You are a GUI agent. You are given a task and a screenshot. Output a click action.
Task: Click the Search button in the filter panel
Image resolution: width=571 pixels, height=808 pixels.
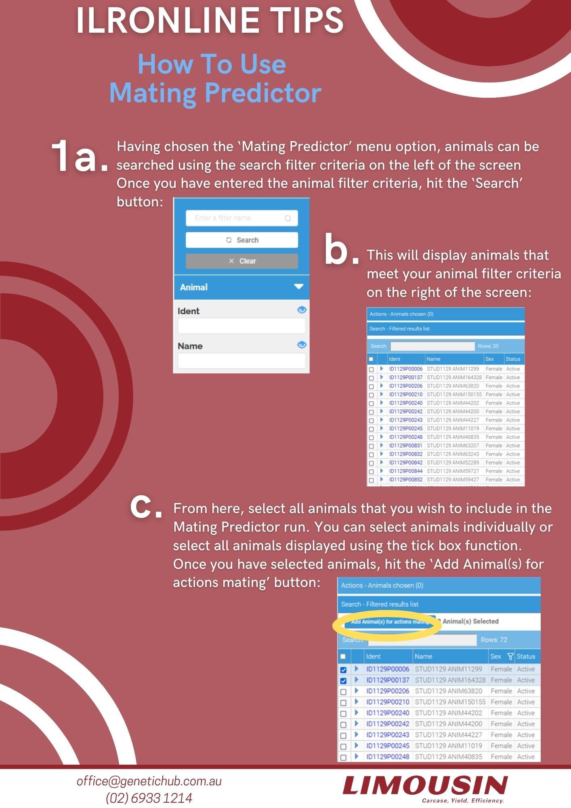tap(242, 240)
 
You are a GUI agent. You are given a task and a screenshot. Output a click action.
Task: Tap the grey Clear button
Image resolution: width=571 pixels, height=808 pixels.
tap(242, 261)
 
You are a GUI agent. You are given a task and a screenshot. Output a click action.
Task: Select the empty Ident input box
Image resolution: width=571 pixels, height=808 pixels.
tap(242, 326)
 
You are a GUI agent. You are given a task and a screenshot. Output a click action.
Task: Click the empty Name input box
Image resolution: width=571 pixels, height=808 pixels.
tap(242, 361)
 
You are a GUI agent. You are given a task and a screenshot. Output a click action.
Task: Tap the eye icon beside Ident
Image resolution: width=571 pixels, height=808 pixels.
tap(302, 310)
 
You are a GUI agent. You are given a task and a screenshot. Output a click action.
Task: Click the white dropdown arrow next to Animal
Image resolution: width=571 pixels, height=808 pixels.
tap(298, 286)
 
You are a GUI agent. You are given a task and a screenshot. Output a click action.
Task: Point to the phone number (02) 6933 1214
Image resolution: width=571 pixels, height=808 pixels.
tap(149, 798)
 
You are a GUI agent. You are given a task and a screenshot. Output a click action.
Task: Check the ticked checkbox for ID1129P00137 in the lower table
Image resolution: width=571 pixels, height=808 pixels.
tap(343, 681)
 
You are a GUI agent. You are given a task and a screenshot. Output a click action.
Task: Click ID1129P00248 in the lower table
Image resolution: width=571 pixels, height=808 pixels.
tap(388, 757)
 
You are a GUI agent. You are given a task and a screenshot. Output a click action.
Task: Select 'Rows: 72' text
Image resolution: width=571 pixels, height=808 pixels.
tap(494, 640)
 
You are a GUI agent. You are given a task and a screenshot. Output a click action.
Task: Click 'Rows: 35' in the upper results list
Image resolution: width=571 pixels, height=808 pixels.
tap(488, 346)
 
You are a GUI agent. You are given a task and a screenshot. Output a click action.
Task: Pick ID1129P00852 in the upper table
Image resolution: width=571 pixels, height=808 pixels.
tap(406, 480)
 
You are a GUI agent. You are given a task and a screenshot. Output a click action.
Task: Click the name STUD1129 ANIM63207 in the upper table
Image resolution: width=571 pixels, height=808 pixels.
tap(453, 446)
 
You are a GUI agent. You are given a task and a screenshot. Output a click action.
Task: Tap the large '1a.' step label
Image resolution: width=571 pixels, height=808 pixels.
tap(80, 156)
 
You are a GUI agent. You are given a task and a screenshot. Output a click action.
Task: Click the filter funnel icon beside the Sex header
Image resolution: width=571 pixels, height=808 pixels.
tap(510, 656)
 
